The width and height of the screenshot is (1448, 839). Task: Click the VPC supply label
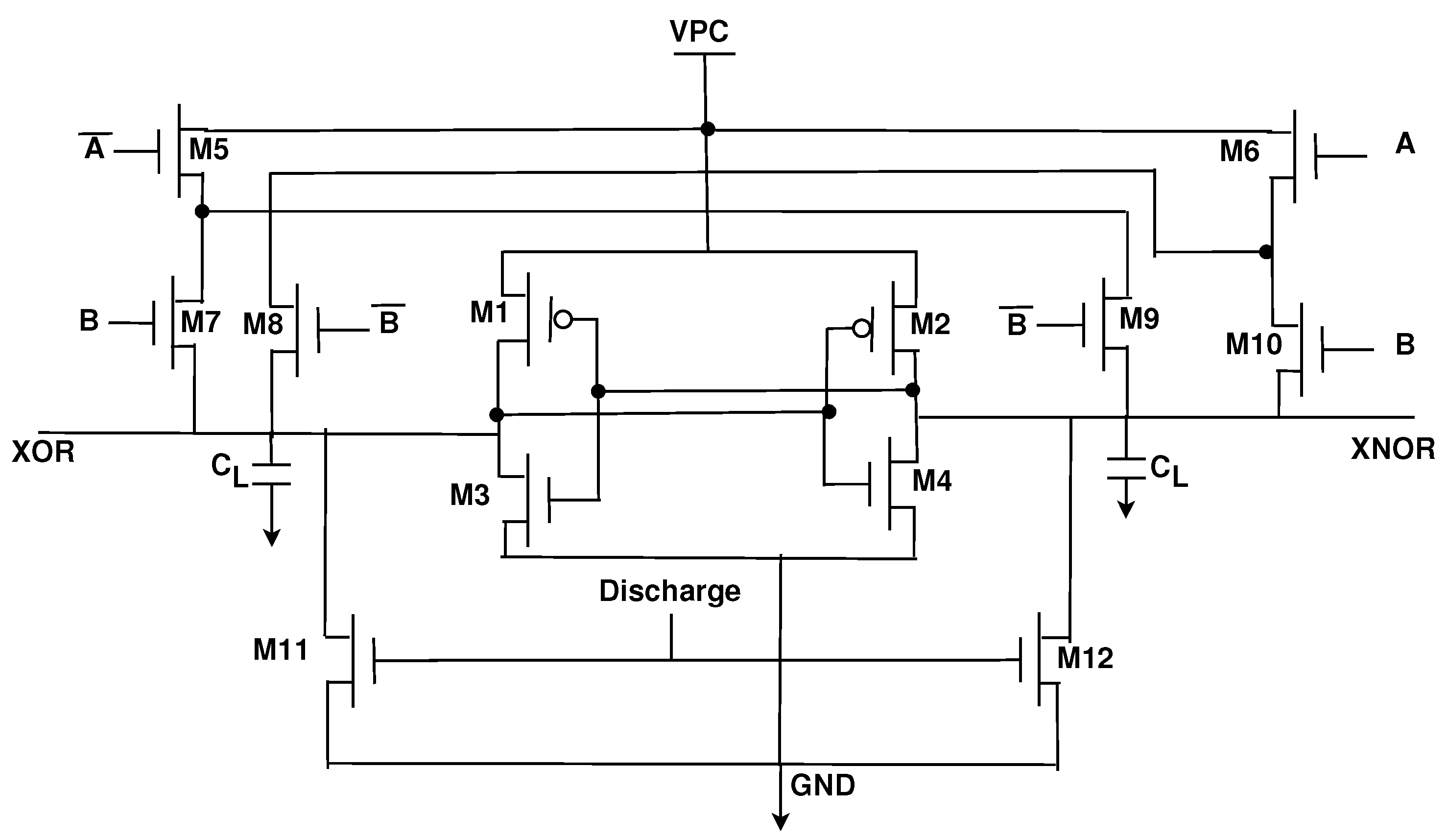pyautogui.click(x=699, y=32)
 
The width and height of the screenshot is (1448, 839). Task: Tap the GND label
pyautogui.click(x=822, y=785)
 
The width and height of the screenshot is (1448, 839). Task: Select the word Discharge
pyautogui.click(x=669, y=591)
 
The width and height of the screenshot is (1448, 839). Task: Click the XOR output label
pyautogui.click(x=43, y=452)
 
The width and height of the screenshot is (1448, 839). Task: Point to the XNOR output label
pyautogui.click(x=1392, y=449)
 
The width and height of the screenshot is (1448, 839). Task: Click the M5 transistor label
pyautogui.click(x=209, y=150)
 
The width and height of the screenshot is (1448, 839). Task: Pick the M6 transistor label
pyautogui.click(x=1239, y=152)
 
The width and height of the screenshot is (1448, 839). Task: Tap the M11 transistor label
pyautogui.click(x=281, y=650)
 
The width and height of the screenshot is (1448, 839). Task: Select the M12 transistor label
pyautogui.click(x=1085, y=658)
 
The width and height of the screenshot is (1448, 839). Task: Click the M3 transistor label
pyautogui.click(x=470, y=495)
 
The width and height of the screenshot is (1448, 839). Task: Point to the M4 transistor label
pyautogui.click(x=932, y=481)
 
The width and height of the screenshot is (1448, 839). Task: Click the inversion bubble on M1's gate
pyautogui.click(x=564, y=319)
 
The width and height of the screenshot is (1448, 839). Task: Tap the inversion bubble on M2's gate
pyautogui.click(x=861, y=329)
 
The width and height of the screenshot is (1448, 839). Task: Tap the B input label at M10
pyautogui.click(x=1405, y=345)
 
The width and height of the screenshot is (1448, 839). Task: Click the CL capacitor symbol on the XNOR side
pyautogui.click(x=1126, y=468)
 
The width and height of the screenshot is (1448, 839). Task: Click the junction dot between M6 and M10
pyautogui.click(x=1266, y=252)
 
